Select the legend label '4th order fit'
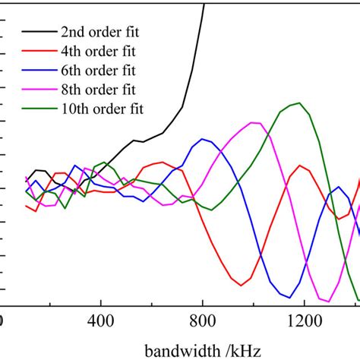[x=99, y=52]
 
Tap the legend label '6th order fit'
[x=99, y=71]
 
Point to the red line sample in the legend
[x=37, y=52]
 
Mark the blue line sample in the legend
[x=37, y=71]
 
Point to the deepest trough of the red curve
[x=242, y=286]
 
